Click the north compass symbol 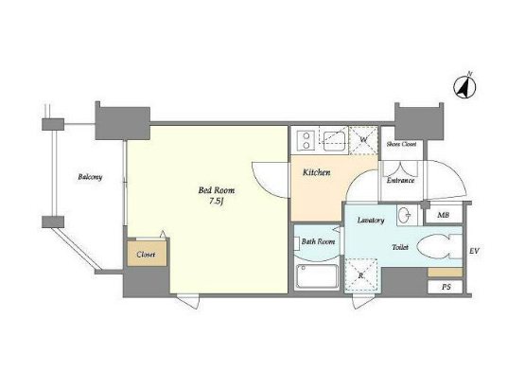point(464,86)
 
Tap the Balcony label point(90,177)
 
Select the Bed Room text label point(217,190)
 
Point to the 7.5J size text point(217,202)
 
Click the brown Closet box point(147,254)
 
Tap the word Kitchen point(316,172)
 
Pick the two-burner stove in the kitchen point(306,140)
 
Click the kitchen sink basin point(334,141)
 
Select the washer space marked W point(363,140)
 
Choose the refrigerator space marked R point(361,275)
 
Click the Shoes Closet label point(401,144)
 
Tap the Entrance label point(400,180)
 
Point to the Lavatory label point(371,221)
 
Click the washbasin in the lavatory point(407,215)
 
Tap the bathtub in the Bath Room point(317,276)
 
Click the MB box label point(443,215)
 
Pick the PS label point(446,287)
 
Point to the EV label point(475,250)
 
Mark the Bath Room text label point(318,241)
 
